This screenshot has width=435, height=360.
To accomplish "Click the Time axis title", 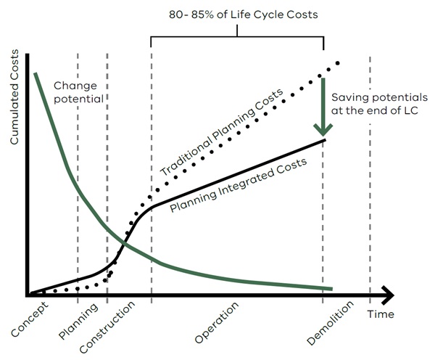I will coord(381,314).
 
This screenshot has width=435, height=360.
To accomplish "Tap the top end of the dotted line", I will coord(337,63).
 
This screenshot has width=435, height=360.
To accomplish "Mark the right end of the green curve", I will coord(331,288).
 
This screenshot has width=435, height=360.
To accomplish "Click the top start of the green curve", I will coord(34,74).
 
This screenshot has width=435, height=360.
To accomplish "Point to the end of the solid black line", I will coord(324,139).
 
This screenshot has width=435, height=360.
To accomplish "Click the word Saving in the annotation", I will coord(347,97).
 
